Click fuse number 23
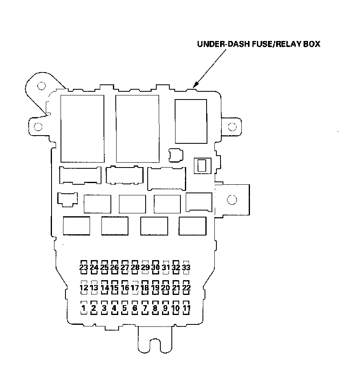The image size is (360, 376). click(x=84, y=267)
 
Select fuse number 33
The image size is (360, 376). click(x=186, y=267)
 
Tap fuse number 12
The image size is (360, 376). click(x=84, y=288)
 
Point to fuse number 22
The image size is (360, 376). click(x=186, y=288)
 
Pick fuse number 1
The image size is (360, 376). click(x=84, y=308)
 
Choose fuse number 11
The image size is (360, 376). click(x=187, y=308)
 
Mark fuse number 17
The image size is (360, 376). click(x=135, y=288)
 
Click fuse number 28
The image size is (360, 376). click(x=135, y=267)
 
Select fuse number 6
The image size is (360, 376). click(x=135, y=308)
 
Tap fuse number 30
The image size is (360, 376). click(x=155, y=267)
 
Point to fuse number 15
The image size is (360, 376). click(x=115, y=288)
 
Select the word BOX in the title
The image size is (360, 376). click(x=311, y=44)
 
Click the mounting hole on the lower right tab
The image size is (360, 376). click(x=232, y=200)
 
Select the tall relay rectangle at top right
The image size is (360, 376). click(x=191, y=121)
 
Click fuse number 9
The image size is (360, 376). click(x=166, y=308)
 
